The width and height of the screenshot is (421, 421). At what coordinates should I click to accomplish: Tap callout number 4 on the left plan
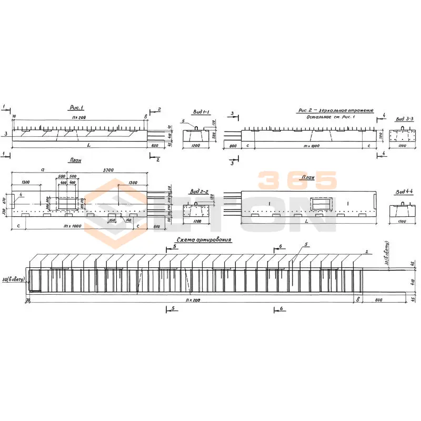22,195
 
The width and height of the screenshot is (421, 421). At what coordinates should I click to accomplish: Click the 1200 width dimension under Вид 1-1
196,146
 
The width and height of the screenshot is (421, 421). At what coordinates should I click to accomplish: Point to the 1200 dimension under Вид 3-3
401,146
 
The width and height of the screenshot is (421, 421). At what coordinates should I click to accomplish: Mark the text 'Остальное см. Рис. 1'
335,116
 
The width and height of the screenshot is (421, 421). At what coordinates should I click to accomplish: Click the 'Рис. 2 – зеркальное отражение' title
335,111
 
